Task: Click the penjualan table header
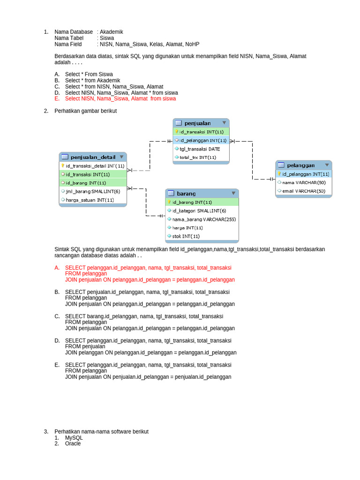[197, 123]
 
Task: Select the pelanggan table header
[300, 165]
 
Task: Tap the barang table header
[186, 194]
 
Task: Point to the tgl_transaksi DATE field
[199, 149]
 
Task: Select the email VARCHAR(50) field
[303, 191]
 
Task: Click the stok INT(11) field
[186, 236]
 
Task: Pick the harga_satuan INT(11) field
[90, 200]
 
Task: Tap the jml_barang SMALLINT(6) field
[93, 191]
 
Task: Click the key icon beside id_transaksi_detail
[63, 165]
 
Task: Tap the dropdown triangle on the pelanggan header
[326, 165]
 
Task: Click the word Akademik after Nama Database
[112, 32]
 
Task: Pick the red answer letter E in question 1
[57, 99]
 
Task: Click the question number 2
[46, 111]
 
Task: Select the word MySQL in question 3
[74, 437]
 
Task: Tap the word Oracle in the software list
[73, 443]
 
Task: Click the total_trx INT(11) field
[198, 157]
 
